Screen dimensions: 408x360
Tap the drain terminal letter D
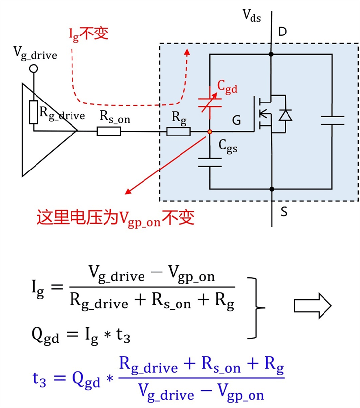point(282,32)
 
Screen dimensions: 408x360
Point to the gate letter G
point(236,120)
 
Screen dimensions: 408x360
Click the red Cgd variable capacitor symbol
point(210,102)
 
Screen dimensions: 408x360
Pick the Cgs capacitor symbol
point(210,162)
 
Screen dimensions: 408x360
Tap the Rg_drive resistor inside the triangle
point(34,112)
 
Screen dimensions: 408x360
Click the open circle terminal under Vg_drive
point(34,69)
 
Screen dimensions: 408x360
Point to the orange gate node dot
point(210,132)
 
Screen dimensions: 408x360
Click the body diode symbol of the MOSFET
point(285,115)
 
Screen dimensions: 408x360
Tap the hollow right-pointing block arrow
point(313,306)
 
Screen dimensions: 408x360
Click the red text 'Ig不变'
point(89,34)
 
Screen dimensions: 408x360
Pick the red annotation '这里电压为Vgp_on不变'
point(116,218)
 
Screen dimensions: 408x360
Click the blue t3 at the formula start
point(39,380)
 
